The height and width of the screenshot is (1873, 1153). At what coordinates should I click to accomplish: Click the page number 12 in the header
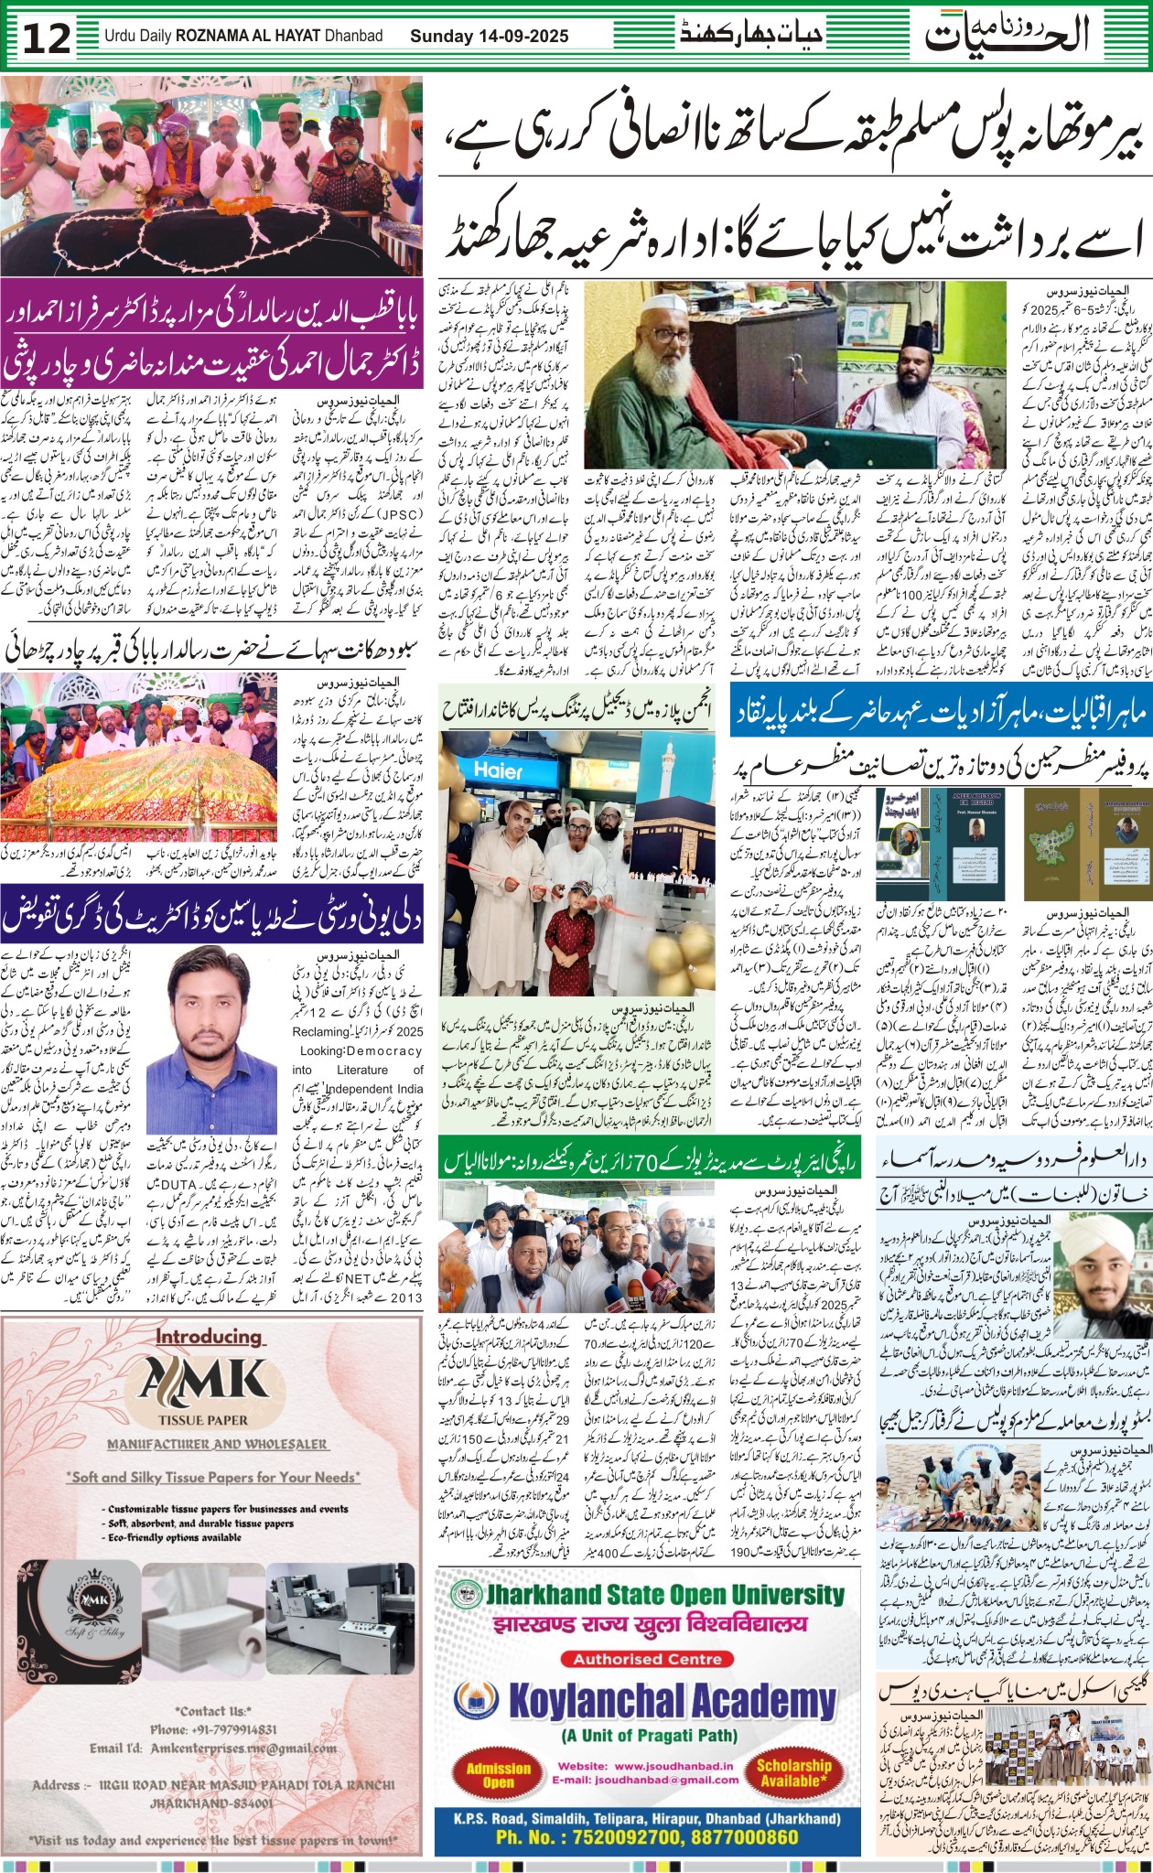point(47,39)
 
